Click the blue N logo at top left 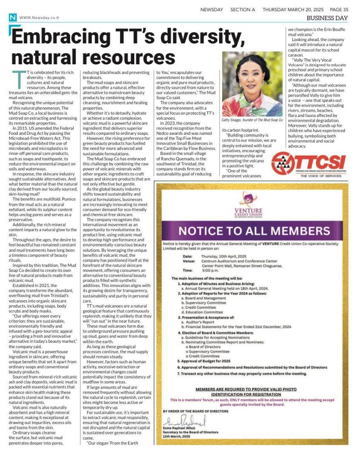coord(12,17)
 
